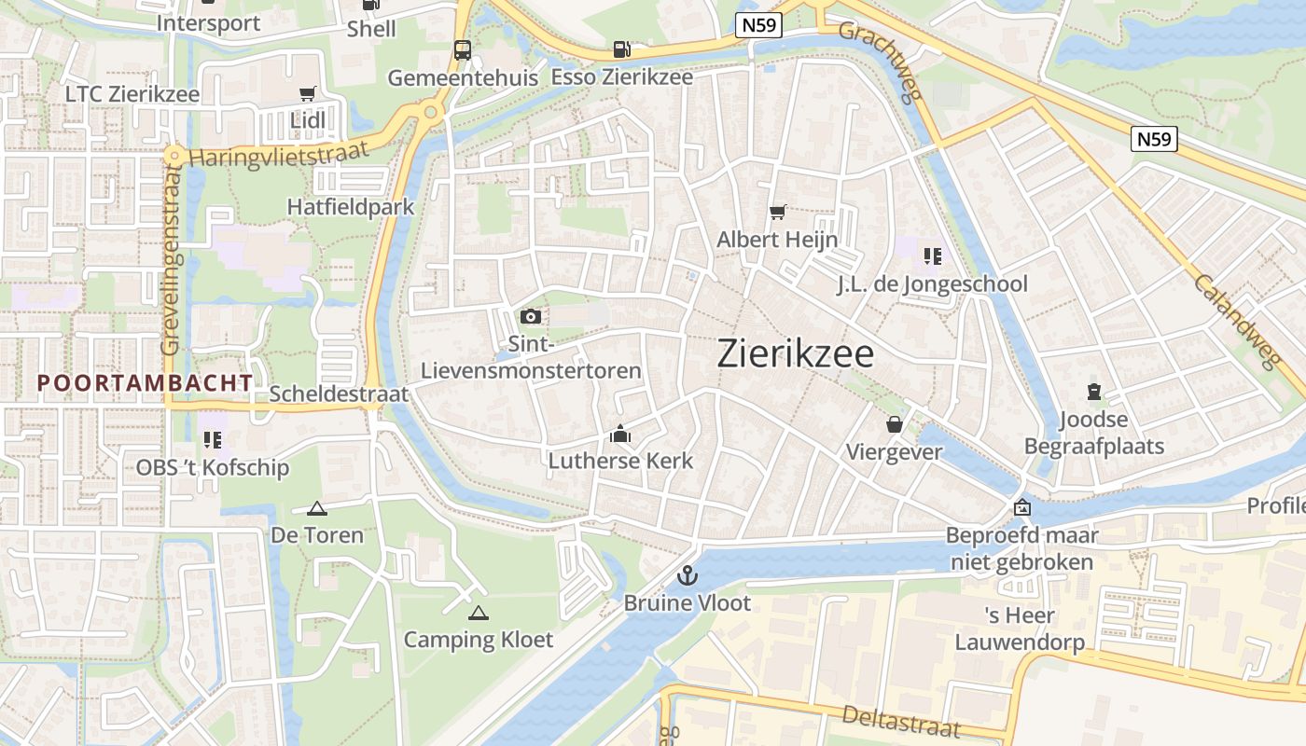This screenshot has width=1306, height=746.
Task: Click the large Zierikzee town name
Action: coord(796,354)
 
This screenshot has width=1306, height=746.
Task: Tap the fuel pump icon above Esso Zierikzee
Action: coord(620,49)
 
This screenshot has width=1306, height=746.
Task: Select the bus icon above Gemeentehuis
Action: coord(463,49)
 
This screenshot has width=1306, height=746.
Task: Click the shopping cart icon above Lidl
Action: coord(307,93)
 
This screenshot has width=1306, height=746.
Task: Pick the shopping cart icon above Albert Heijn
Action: coord(777,212)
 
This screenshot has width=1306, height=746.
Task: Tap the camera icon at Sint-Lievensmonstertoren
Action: coord(531,317)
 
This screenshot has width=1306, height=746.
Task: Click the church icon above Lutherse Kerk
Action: coord(620,434)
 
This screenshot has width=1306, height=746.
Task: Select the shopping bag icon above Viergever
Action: coord(894,425)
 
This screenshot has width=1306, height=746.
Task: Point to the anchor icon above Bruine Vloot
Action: coord(687,575)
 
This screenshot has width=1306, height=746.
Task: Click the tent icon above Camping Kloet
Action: coord(479,613)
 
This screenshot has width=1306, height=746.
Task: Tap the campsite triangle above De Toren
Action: coord(317,509)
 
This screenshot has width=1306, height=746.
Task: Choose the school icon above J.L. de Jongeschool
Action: coord(931,256)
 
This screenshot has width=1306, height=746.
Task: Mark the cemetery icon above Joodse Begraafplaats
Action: coord(1094,393)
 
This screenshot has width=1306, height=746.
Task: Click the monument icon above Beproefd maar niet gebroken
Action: coord(1022,508)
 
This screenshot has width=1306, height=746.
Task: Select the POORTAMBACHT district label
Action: coord(145,382)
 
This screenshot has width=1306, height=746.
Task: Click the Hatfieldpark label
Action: coord(351,207)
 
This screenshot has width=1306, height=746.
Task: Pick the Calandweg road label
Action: coord(1234,322)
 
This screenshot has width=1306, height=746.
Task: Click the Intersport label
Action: coord(209,22)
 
